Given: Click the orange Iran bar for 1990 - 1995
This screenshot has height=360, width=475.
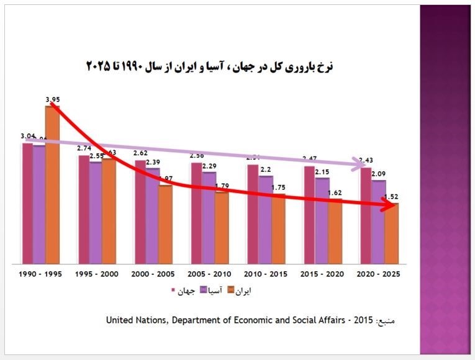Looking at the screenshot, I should point(52,186).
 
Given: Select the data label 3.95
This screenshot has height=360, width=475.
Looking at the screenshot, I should point(52,99).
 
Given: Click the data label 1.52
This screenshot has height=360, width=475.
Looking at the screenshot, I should point(391,197).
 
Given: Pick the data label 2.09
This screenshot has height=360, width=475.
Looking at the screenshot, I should point(379,174).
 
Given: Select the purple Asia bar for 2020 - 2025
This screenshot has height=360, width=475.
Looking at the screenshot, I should point(379,223).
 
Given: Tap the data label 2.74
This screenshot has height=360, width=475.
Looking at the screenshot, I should point(84,149).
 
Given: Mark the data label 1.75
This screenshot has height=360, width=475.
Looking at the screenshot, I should point(278,187).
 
